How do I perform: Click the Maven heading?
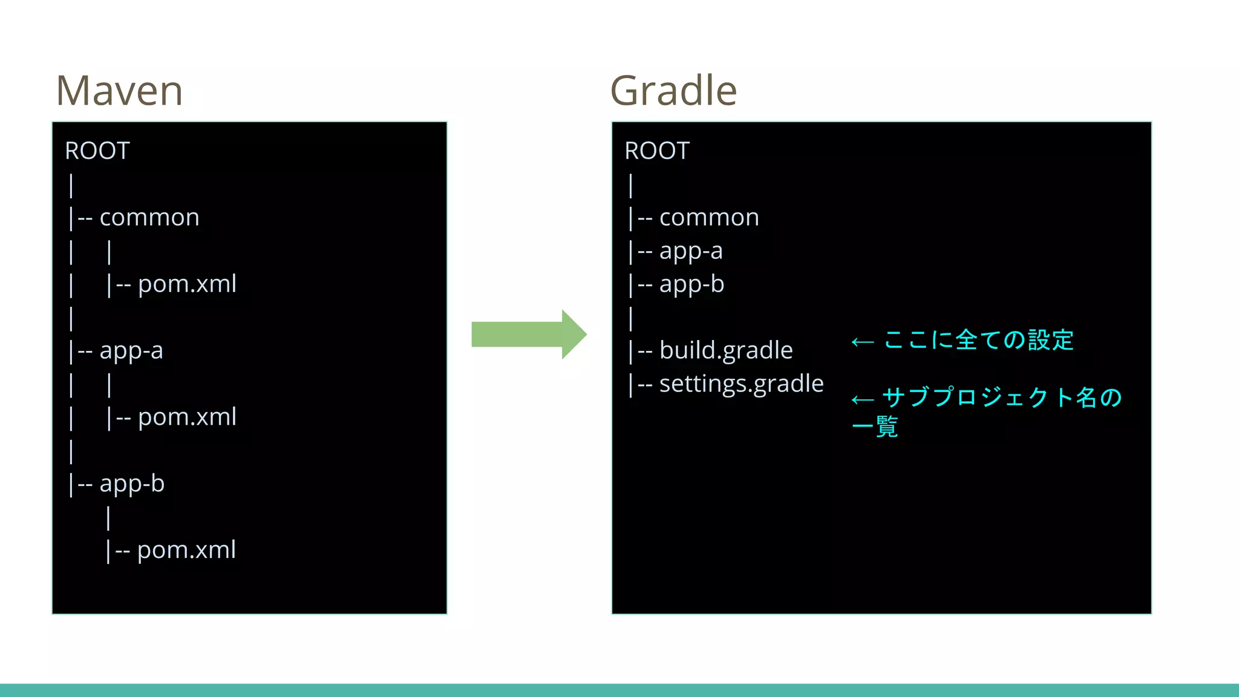click(119, 91)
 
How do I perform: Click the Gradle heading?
click(673, 91)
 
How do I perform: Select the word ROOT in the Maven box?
click(97, 151)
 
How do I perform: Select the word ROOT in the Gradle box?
click(657, 151)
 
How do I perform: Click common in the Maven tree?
click(149, 217)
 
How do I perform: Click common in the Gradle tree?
click(709, 217)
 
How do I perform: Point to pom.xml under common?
click(187, 284)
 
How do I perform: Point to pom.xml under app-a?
click(187, 417)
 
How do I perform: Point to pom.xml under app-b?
click(186, 550)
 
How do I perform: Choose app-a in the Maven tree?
click(131, 350)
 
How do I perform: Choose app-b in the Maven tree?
click(132, 483)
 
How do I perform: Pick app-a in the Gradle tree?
click(691, 250)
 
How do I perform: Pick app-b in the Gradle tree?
click(691, 284)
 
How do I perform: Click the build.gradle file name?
click(726, 350)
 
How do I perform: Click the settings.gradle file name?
click(741, 384)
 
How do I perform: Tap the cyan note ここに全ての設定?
click(978, 340)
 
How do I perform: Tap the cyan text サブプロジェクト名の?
click(1002, 398)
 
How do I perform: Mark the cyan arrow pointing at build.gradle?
click(863, 342)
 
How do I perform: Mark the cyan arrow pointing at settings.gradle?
click(863, 400)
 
